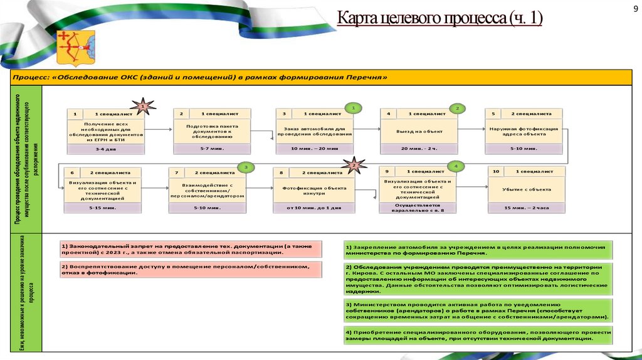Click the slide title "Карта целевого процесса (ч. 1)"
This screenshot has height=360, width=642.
(x=439, y=19)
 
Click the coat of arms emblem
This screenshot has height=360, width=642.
(x=76, y=49)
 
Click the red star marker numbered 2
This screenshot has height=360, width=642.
(x=354, y=166)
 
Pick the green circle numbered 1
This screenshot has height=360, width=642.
(x=353, y=108)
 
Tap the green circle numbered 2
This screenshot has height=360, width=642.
(x=458, y=108)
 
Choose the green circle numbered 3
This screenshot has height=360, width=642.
(x=247, y=167)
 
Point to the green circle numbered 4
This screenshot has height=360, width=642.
(x=456, y=166)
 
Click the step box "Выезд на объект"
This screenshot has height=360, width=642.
(x=419, y=131)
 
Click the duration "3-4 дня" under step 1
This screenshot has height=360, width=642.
(x=106, y=149)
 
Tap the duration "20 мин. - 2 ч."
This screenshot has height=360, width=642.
(x=419, y=149)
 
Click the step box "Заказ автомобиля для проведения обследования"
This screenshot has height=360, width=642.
(x=314, y=131)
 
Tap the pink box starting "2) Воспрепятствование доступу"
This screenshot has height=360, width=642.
(x=191, y=270)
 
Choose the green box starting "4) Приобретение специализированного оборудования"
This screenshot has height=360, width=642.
(x=478, y=334)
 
